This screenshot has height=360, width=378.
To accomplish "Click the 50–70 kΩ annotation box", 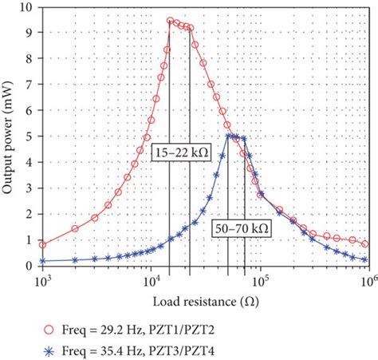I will coord(241,227).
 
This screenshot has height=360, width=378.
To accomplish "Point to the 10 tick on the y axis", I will coord(28,7).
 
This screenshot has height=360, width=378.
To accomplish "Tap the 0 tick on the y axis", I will coord(31,266).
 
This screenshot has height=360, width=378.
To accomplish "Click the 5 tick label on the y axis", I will coord(31,136).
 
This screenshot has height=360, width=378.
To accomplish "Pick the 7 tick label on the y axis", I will coord(31,85).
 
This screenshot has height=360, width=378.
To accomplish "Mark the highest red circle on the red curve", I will coord(171,21).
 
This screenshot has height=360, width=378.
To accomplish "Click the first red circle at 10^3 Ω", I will coord(43,244).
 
